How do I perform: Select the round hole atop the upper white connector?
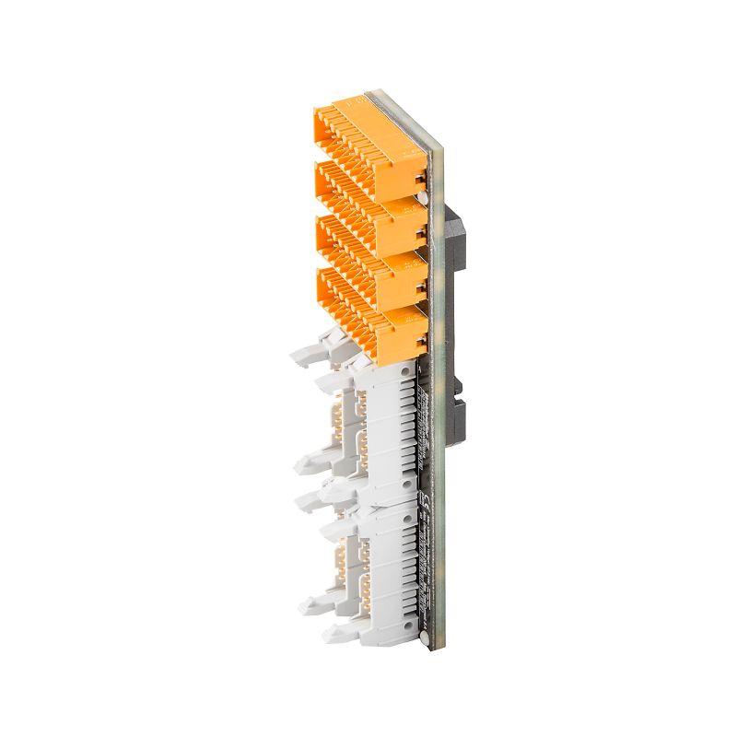tap(404, 368)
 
